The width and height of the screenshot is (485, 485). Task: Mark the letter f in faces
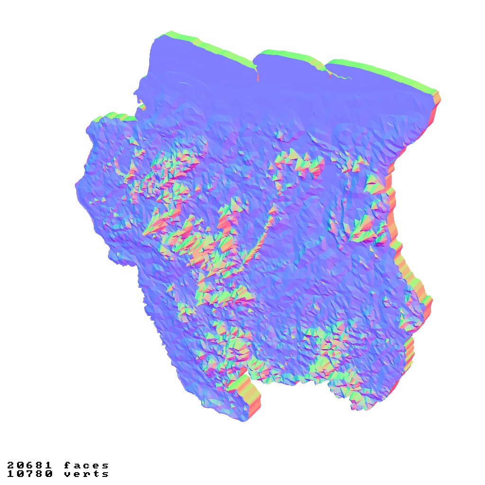[67, 466]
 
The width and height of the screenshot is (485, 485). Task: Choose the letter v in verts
[67, 474]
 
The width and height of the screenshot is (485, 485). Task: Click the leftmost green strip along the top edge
[208, 46]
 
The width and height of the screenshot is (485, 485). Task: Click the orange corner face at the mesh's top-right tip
[437, 99]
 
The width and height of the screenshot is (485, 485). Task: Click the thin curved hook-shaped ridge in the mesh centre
[265, 227]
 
